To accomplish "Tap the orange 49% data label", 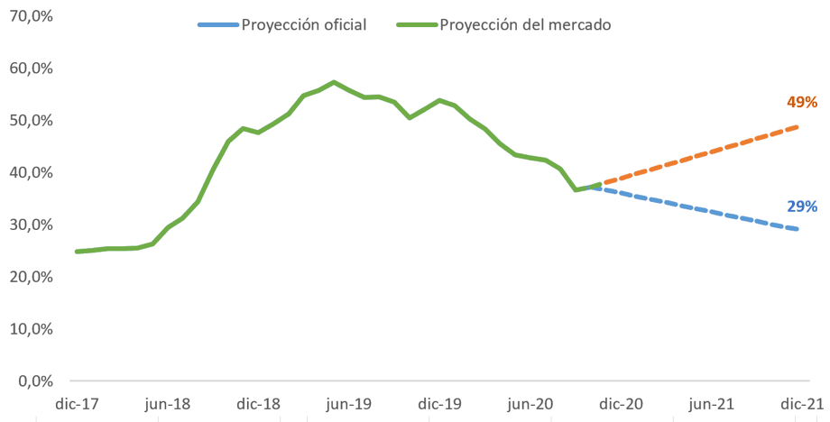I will click(801, 102).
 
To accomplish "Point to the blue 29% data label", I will click(801, 206).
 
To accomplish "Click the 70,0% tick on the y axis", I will click(30, 16).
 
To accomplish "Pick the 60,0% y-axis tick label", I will click(30, 69).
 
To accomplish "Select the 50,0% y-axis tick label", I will click(30, 121).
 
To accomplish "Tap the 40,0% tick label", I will click(30, 172).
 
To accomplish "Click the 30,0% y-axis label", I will click(30, 225).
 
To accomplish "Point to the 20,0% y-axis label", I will click(30, 277).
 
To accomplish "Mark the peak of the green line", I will click(335, 82).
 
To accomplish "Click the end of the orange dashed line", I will click(798, 126).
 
